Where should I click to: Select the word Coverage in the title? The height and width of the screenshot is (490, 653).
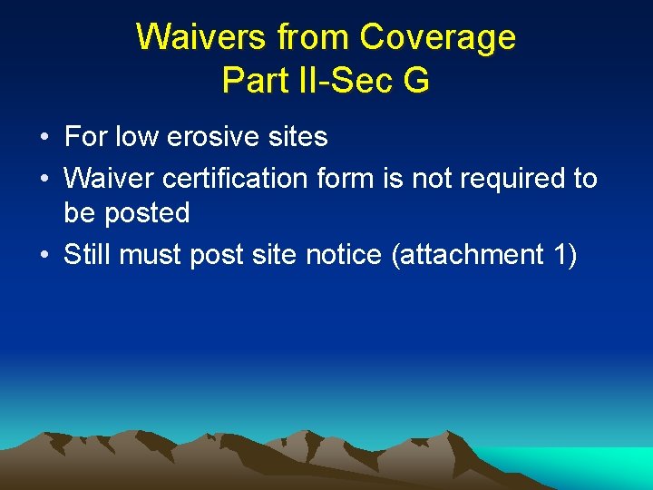pos(438,37)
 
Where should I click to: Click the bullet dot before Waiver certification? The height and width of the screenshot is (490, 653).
pos(44,179)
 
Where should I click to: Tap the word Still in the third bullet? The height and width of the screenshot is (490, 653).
pos(87,255)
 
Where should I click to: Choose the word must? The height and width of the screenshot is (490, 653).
pos(151,256)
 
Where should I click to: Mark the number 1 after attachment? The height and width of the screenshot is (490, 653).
pos(560,255)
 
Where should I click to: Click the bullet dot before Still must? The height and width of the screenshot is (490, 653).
pos(44,256)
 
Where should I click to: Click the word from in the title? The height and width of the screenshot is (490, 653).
pos(313,37)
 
